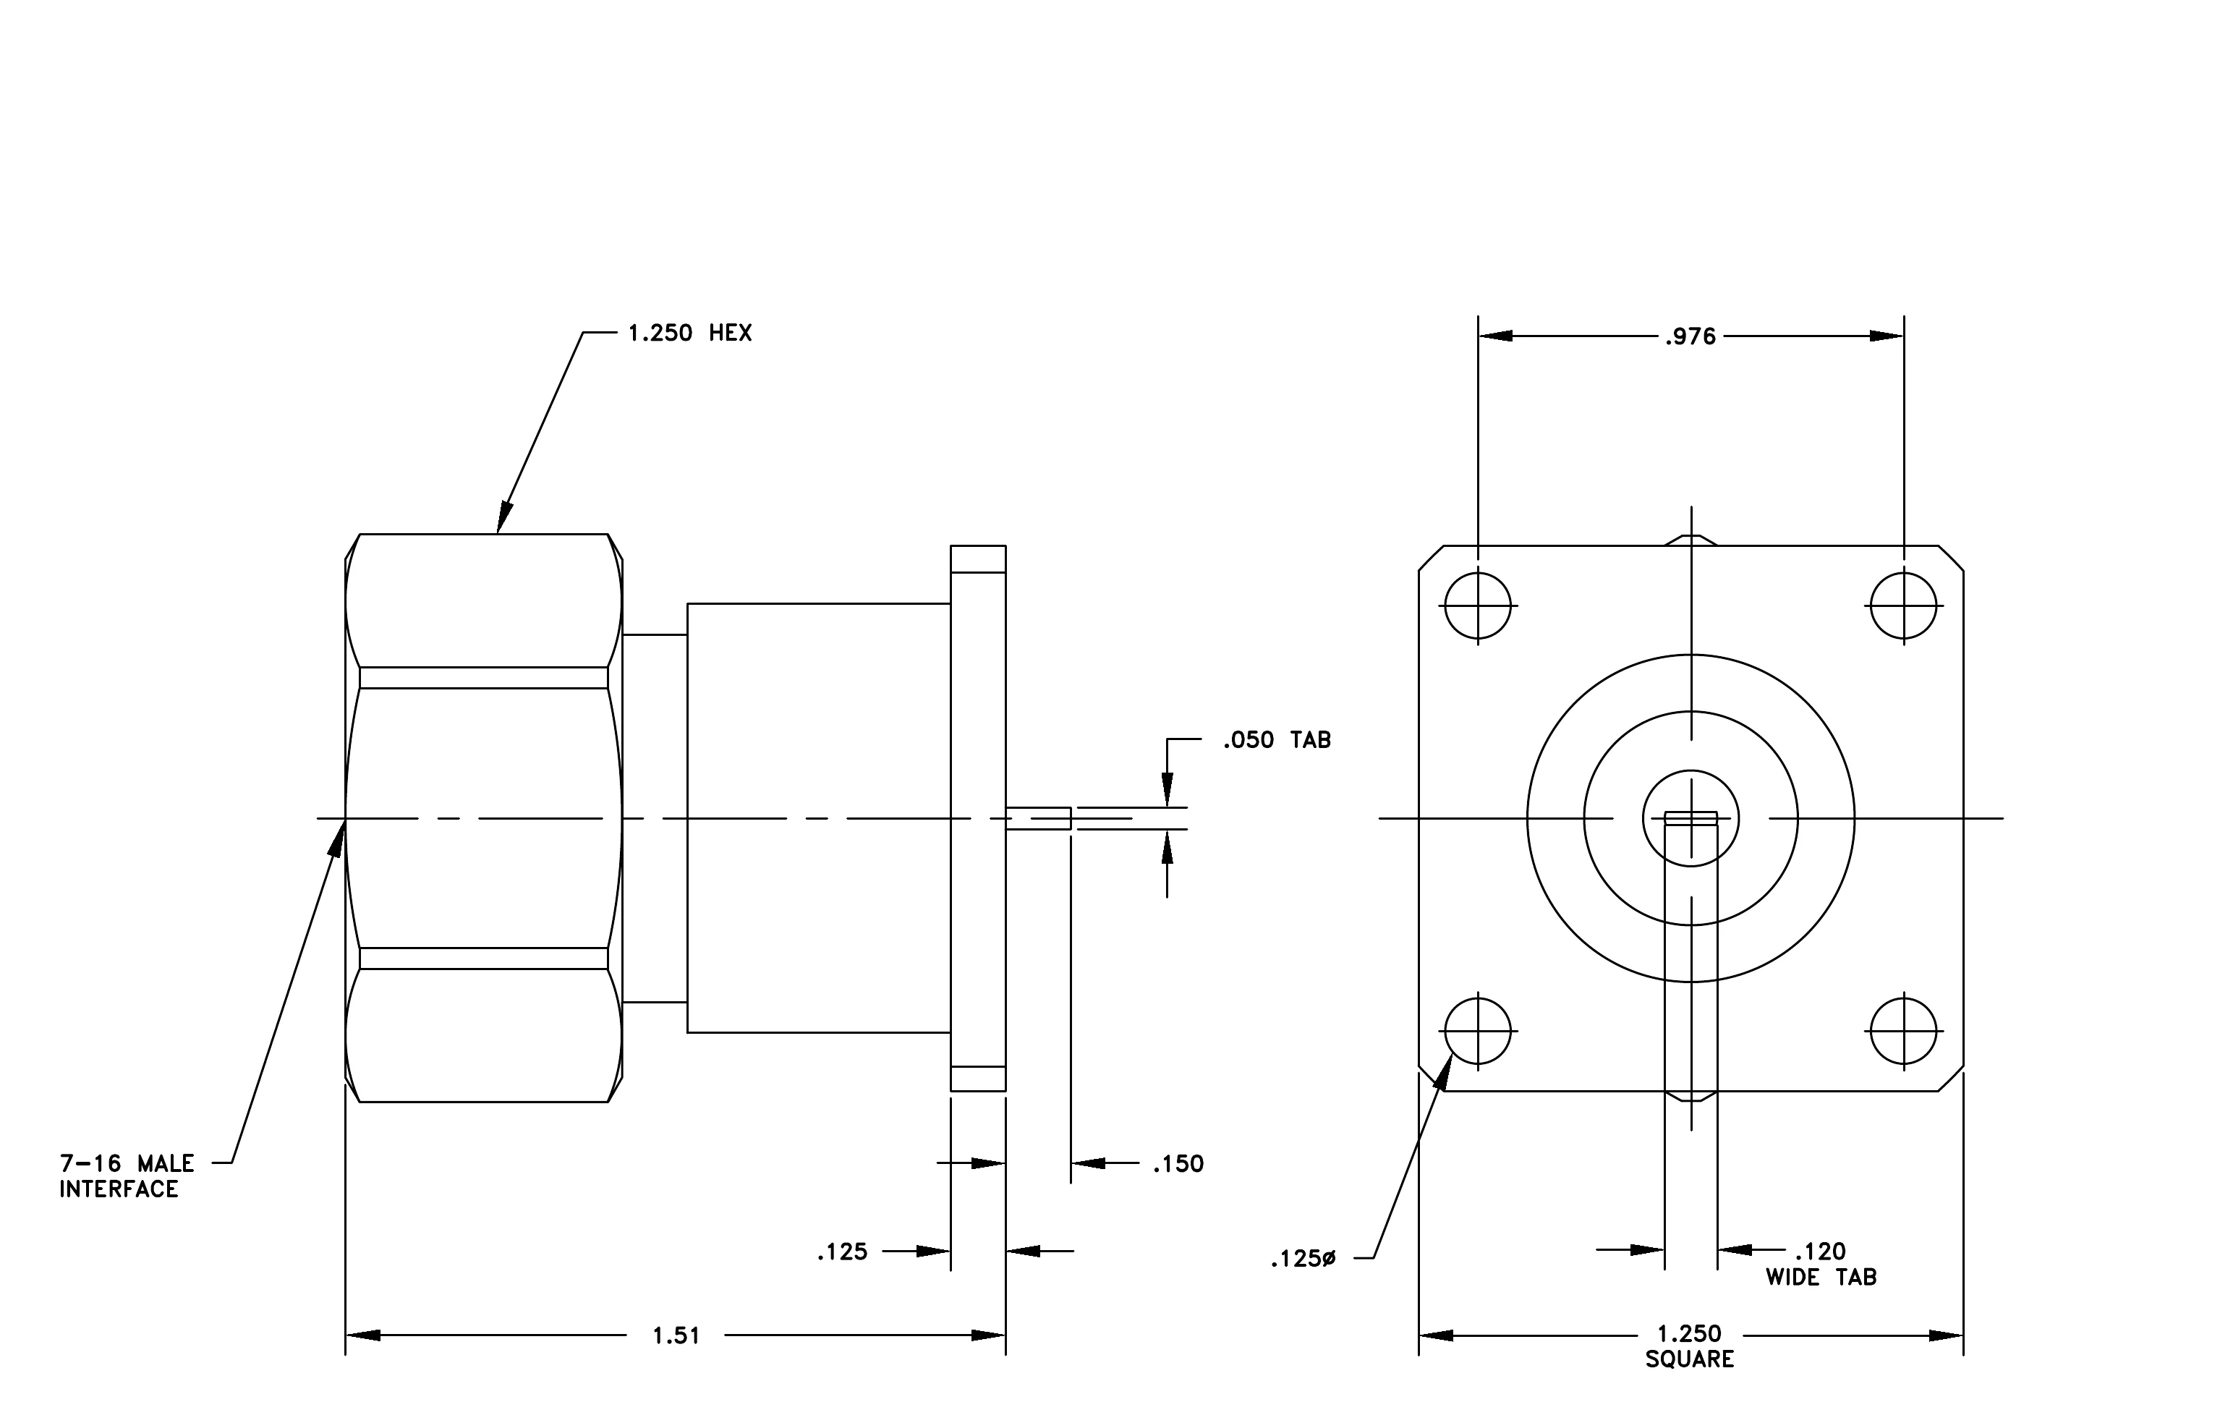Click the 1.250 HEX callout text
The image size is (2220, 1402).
689,333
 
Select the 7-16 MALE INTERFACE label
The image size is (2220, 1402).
127,1176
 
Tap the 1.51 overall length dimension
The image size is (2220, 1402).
676,1335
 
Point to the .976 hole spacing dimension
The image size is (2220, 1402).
1690,337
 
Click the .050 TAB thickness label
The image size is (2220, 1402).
1277,740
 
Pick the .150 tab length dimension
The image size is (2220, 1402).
1178,1164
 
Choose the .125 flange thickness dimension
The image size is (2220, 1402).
843,1252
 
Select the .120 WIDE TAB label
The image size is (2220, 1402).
1821,1264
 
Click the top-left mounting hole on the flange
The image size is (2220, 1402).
1478,606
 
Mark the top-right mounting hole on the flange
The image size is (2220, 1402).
1904,606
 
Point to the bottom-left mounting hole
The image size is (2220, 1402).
1478,1031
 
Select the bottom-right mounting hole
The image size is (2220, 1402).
1904,1031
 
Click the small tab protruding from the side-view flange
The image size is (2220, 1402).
1038,818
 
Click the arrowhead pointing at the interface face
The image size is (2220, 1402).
337,837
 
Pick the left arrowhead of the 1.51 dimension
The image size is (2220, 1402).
362,1335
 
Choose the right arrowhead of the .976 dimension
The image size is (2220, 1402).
1887,336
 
